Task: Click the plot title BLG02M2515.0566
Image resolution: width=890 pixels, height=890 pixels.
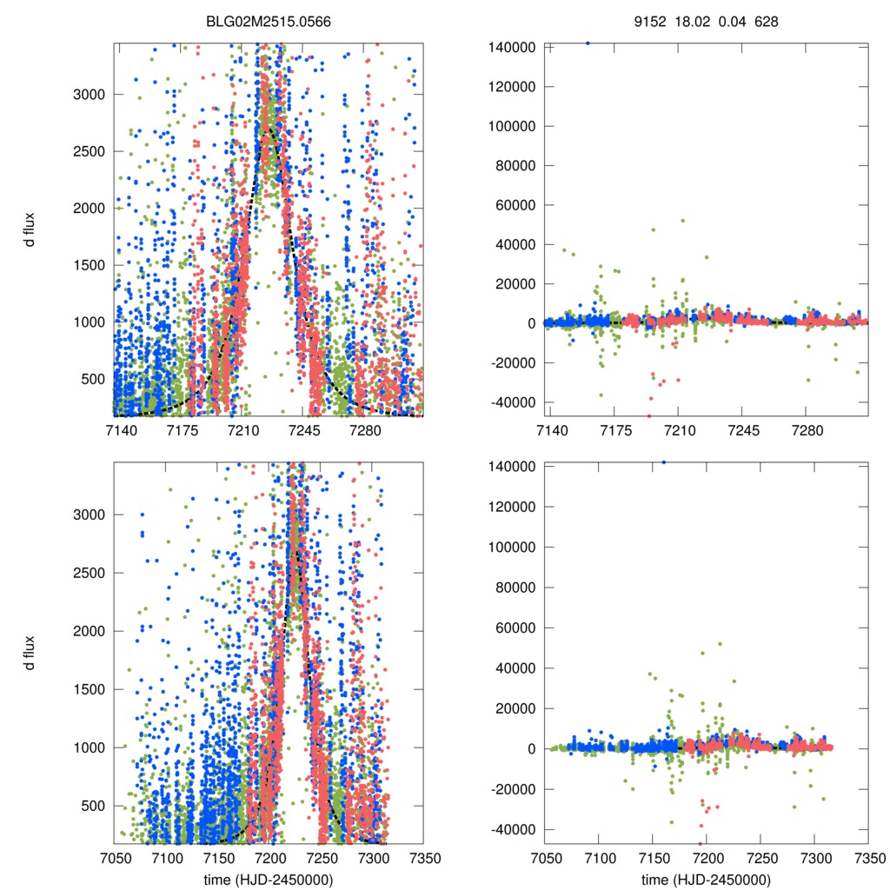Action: (268, 19)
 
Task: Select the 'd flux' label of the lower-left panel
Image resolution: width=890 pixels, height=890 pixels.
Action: (30, 654)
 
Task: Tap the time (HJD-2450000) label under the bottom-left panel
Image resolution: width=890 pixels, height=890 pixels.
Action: (268, 880)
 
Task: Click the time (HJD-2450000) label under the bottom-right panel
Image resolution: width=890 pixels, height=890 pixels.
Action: (706, 880)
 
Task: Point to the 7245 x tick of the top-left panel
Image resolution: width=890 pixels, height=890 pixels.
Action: (304, 431)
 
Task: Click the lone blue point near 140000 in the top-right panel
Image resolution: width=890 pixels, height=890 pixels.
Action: (588, 43)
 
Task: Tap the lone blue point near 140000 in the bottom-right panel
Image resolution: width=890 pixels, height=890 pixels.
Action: (664, 462)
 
